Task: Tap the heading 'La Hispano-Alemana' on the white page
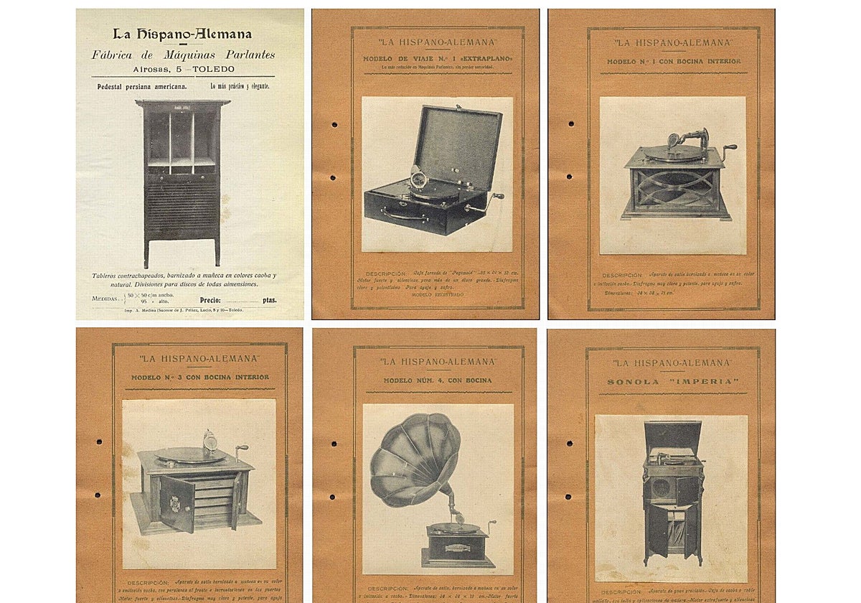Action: point(182,34)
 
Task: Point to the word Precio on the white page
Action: point(210,301)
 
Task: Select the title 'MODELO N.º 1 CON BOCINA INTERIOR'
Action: point(674,62)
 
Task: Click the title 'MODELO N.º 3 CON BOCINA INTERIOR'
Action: point(200,377)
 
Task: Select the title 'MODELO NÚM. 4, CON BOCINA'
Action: point(437,380)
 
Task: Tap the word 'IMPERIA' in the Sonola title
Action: point(706,382)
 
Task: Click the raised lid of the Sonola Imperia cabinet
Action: point(672,436)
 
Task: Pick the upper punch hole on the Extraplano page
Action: point(334,124)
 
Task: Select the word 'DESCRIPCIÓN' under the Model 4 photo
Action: point(387,588)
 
